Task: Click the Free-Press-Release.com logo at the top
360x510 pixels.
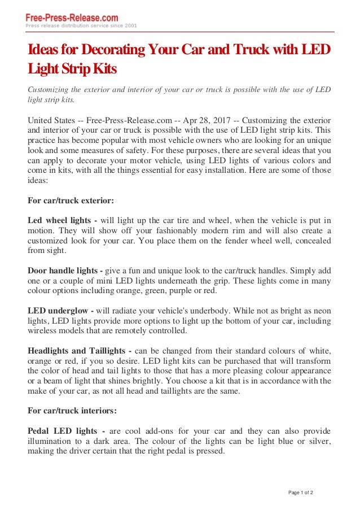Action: tap(72, 18)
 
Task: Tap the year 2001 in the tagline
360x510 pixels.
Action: tap(130, 26)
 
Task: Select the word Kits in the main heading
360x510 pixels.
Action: tap(104, 70)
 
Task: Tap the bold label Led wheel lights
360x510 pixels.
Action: tap(59, 220)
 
